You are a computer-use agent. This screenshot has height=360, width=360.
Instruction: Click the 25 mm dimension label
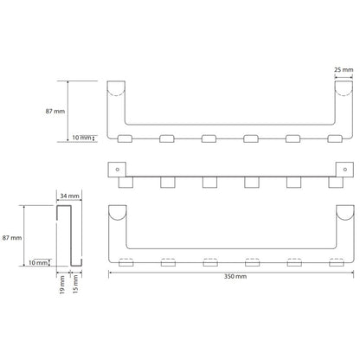click(344, 69)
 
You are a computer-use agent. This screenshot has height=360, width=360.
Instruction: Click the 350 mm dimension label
click(235, 276)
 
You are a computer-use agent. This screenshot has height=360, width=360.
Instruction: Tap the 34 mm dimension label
click(69, 196)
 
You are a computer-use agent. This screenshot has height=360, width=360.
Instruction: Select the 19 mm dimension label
click(62, 285)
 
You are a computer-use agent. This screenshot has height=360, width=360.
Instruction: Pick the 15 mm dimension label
click(75, 284)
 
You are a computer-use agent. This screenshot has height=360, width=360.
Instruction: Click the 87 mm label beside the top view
click(55, 111)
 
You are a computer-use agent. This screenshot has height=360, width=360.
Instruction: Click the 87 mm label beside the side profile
click(12, 238)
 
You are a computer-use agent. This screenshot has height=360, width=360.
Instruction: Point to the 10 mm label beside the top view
click(81, 138)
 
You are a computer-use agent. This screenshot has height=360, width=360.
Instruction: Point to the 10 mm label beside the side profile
click(38, 263)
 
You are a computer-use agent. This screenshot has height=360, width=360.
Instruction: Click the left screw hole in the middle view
click(118, 170)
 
